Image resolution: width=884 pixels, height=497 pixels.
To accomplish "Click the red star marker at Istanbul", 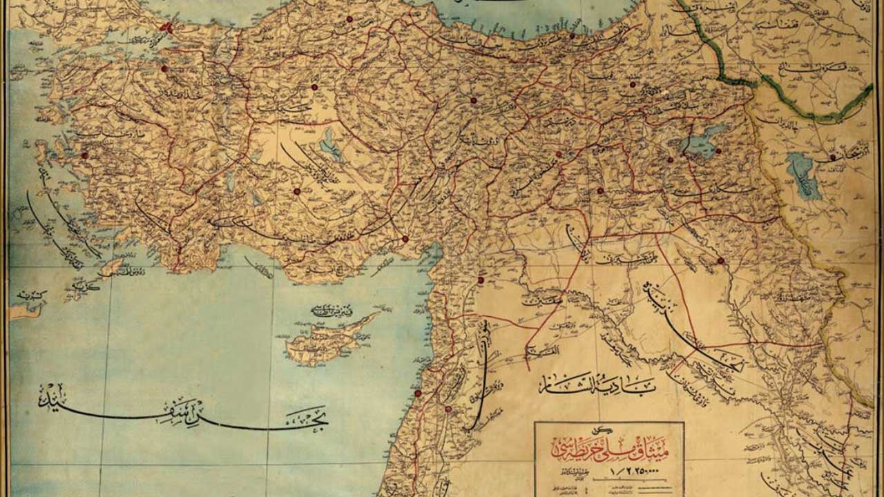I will point(166,28).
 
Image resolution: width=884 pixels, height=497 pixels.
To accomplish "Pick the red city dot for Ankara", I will point(314,87).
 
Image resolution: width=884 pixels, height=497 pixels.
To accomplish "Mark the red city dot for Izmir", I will point(85,155).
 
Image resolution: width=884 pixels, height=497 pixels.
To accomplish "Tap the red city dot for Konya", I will point(297,191).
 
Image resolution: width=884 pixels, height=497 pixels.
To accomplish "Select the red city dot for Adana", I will point(405,239).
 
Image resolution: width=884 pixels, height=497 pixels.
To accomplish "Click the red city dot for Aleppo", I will point(481,280).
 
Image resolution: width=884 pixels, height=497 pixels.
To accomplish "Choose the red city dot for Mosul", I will point(720,261).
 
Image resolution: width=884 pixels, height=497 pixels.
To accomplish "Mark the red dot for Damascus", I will point(448,409).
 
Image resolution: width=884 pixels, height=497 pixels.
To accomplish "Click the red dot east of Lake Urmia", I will point(833,157).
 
